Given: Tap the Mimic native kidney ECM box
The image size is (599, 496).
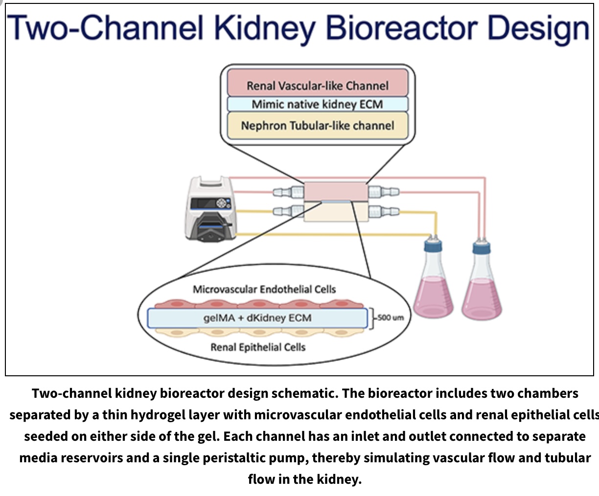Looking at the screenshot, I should pos(317,104).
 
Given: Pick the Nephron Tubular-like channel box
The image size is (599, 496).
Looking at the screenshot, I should pos(317,126).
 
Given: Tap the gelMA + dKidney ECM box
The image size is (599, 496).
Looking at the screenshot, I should pos(257,318).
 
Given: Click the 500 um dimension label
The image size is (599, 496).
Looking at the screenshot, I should pos(391,318).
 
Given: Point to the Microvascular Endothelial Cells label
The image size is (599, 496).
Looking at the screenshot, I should pos(264,289).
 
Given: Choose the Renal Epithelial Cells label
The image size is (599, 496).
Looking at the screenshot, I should pos(258,347).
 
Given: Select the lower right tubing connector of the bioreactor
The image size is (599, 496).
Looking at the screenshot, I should pos(383,212).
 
